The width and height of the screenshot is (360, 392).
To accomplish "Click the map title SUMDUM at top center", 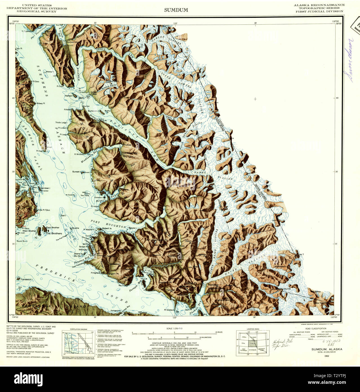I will click(x=176, y=10).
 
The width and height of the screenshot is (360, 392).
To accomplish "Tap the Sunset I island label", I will click(x=76, y=171).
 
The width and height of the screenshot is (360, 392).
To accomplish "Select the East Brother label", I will click(x=53, y=228).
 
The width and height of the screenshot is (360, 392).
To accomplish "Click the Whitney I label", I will click(x=83, y=250).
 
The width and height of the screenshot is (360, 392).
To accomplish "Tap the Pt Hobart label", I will click(x=96, y=206).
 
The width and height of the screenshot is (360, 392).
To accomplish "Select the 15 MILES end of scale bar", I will click(x=218, y=332).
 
